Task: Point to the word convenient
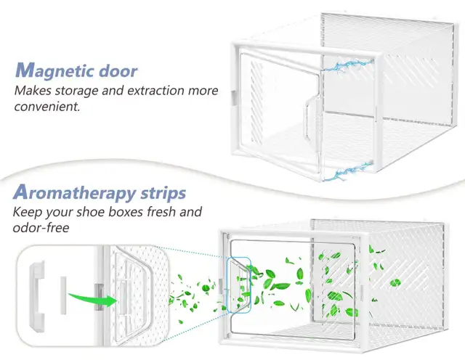(46, 107)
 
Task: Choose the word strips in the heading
(162, 193)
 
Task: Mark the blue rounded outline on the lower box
(237, 285)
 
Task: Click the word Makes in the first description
(33, 92)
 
